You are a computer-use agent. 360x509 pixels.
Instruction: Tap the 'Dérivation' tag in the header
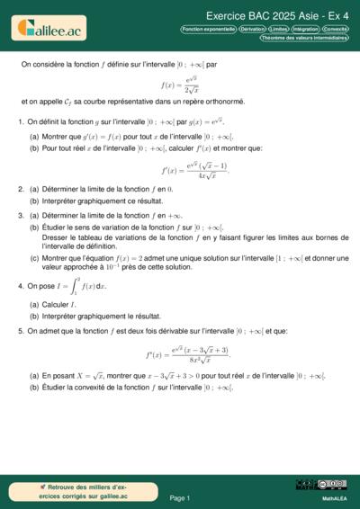tap(252, 30)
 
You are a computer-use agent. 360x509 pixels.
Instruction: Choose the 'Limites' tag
tap(281, 30)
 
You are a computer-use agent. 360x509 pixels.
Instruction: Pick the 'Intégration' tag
tap(306, 30)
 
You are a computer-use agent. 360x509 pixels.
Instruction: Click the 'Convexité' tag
tap(337, 30)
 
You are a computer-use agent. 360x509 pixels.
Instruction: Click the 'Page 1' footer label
tap(179, 497)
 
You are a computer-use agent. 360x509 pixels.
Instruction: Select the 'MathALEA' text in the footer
tap(334, 497)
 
